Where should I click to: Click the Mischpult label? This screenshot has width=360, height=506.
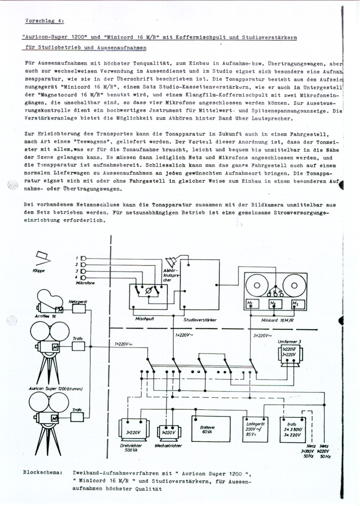point(144,318)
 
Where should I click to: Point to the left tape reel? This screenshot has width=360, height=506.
point(257,285)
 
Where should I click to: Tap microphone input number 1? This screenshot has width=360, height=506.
point(83,258)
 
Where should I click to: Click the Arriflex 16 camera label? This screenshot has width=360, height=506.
point(46,317)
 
